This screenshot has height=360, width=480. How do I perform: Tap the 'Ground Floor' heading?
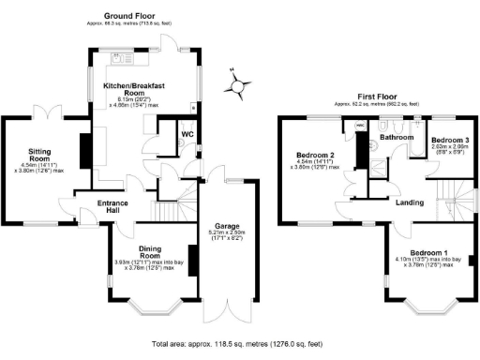click(x=130, y=17)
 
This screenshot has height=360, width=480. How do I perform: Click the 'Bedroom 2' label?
click(x=316, y=154)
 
